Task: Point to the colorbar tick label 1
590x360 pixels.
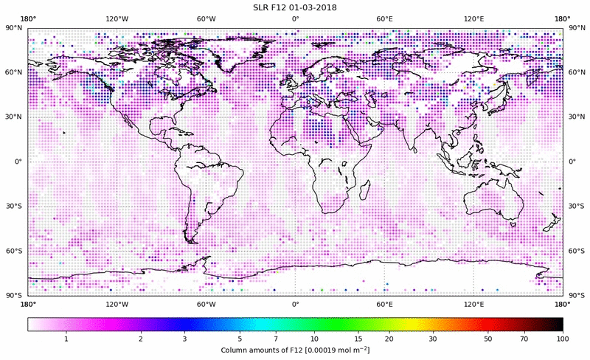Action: coord(66,338)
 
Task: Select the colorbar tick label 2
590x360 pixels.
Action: coord(140,338)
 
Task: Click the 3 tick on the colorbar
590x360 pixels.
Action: coord(184,338)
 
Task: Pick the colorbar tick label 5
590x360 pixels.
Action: coord(240,338)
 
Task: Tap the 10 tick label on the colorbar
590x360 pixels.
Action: coord(315,338)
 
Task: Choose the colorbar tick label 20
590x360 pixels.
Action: coord(389,338)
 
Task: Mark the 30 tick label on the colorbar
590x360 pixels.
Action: coord(433,338)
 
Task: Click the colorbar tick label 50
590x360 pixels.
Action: coord(487,338)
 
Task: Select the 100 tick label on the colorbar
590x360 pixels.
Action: coord(562,338)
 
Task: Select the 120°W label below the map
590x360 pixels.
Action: coord(117,303)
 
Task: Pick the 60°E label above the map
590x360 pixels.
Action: coord(384,18)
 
